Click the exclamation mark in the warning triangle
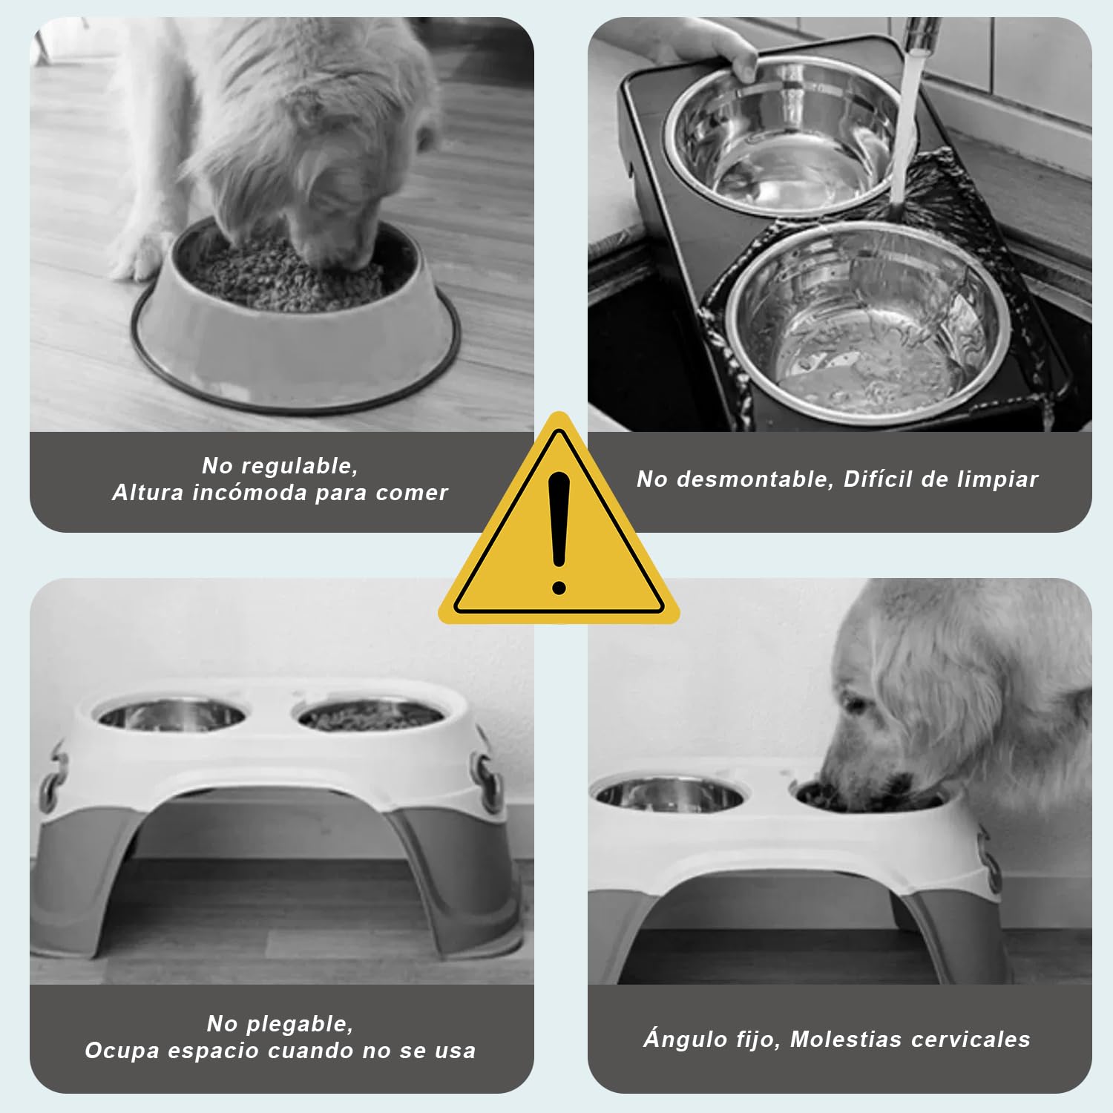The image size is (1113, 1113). point(559,533)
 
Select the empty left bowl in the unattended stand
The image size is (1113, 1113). point(171,717)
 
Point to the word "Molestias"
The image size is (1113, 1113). point(845,1039)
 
